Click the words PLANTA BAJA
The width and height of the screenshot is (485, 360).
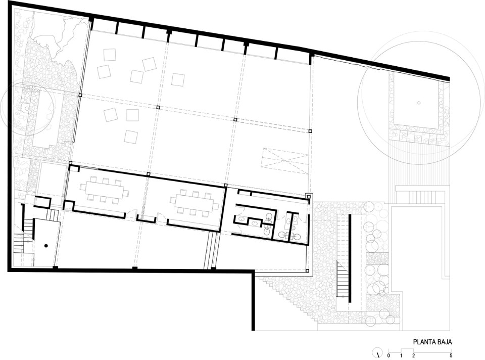433,342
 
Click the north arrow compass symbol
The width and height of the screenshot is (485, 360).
378,353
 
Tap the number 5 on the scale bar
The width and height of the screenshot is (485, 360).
451,355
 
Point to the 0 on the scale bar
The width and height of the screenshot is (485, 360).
389,355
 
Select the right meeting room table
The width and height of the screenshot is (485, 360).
195,203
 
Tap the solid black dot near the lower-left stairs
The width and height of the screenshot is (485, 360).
46,246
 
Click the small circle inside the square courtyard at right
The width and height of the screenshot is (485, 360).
419,103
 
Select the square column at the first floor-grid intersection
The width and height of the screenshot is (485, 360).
80,96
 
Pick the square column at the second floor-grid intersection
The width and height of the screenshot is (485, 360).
158,107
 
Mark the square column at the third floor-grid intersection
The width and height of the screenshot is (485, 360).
235,119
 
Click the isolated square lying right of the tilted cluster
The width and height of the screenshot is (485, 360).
178,79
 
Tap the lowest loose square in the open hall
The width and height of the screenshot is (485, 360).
131,137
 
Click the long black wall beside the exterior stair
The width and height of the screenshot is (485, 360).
351,258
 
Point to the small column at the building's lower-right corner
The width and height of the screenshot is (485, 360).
308,271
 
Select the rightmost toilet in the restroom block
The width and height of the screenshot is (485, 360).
297,236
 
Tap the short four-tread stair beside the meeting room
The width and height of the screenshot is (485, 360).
54,214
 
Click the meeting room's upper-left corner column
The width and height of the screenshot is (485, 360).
71,163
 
